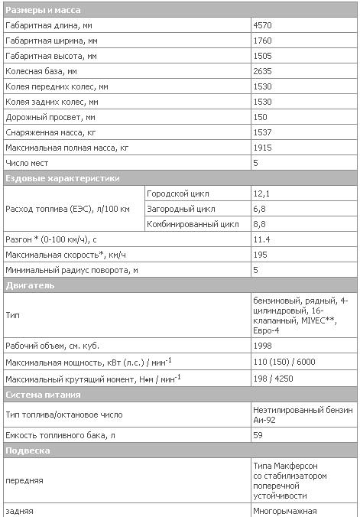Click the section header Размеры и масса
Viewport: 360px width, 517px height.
point(43,10)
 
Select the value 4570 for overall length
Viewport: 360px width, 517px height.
point(262,25)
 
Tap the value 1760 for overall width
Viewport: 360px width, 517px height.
point(262,41)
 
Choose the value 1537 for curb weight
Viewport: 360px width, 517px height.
point(262,132)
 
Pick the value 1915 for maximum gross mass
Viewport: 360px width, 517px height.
point(262,148)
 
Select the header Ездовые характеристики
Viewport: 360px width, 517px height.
point(63,178)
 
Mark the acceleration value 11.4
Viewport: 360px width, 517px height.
point(261,239)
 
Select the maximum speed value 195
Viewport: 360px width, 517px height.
point(260,255)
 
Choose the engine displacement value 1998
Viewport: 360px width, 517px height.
point(262,345)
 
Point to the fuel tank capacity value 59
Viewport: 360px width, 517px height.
point(258,435)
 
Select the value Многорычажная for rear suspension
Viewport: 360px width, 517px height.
point(285,510)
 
